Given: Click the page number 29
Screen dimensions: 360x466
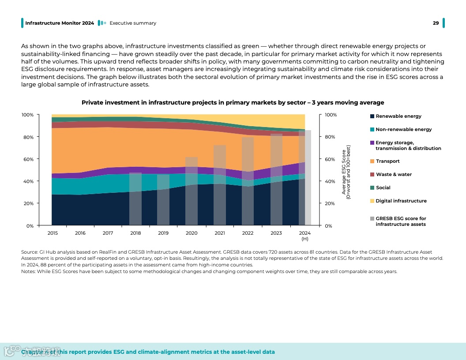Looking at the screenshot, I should pos(436,23).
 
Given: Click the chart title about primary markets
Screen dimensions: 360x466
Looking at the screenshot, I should pos(233,102).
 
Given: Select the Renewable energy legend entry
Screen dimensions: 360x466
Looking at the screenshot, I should pos(398,116).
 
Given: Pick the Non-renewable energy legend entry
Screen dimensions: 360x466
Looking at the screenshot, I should pos(403,129).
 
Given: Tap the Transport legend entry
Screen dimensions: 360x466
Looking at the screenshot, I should pos(387,161).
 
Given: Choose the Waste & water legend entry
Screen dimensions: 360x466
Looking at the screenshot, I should pos(394,174).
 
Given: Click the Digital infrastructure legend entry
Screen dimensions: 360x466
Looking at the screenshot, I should pos(401,201).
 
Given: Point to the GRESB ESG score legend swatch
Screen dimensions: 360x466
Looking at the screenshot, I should pos(372,219).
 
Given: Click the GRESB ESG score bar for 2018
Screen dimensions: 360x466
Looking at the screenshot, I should pos(135,199).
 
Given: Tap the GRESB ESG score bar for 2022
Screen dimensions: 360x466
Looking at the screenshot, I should pos(248,181).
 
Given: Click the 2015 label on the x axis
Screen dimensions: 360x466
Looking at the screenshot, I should pos(53,233).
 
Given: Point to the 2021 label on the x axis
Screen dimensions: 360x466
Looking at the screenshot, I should pos(219,233).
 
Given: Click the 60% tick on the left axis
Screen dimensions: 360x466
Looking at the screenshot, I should pos(27,159).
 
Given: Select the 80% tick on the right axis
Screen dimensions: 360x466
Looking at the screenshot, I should pos(331,137).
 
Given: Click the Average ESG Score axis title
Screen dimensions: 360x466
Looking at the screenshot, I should pos(346,172).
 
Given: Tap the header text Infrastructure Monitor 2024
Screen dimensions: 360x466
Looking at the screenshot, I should pos(60,23).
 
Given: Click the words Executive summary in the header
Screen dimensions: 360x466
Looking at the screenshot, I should pos(133,23).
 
